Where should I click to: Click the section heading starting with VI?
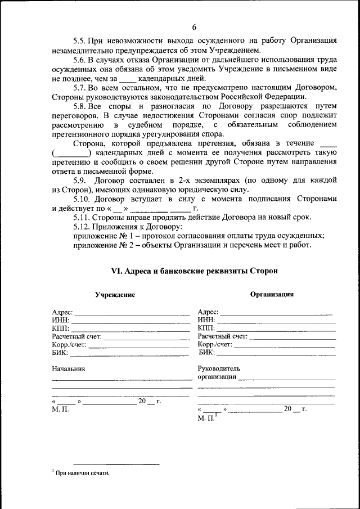click(194, 271)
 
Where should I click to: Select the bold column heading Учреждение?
click(115, 295)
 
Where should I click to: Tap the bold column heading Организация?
click(272, 294)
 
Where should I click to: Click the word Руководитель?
click(219, 368)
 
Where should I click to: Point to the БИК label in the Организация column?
click(206, 353)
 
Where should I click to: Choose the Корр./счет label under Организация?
click(215, 344)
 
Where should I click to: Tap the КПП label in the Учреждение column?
click(60, 328)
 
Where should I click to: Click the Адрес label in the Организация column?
click(208, 312)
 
